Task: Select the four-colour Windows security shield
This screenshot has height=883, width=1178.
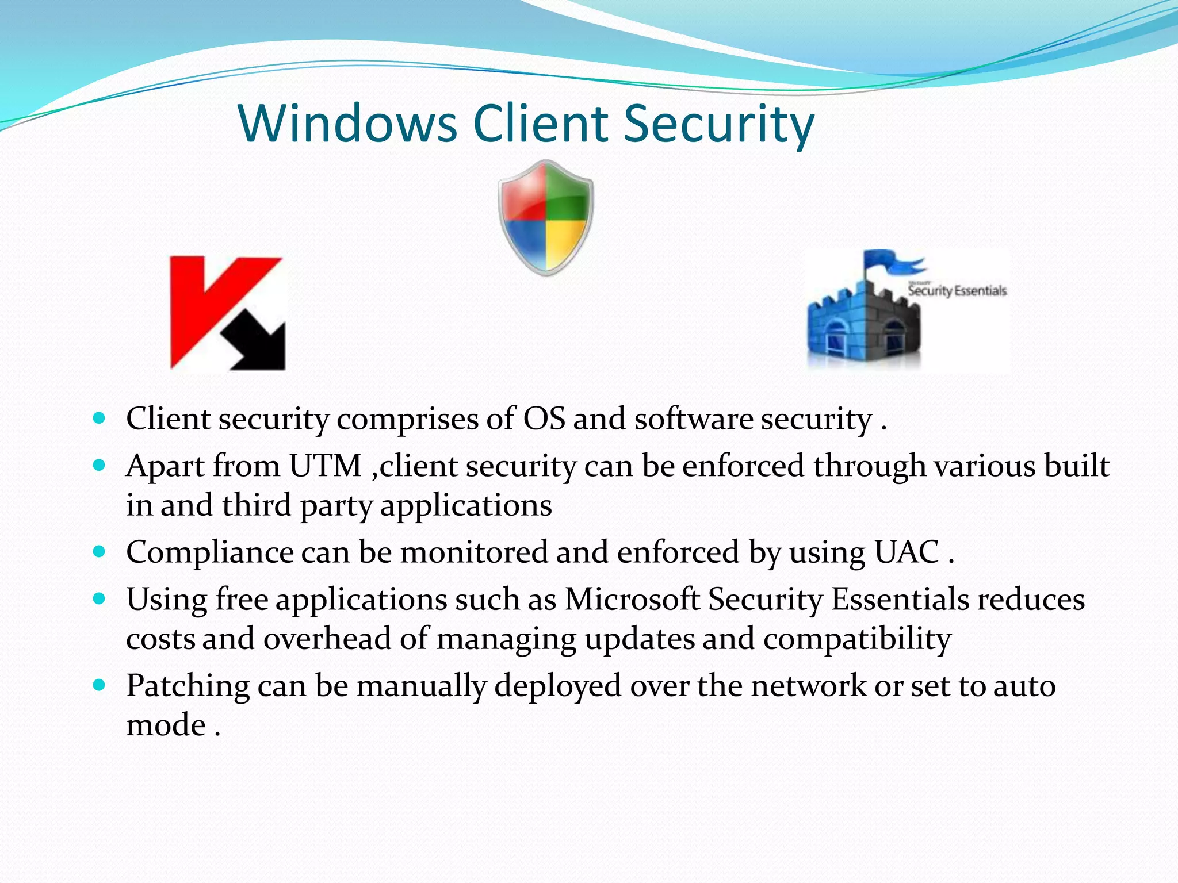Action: click(545, 217)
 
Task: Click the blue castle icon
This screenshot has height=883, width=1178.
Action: click(863, 328)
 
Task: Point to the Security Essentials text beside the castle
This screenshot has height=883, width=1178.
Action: click(957, 290)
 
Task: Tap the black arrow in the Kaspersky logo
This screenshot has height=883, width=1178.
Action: click(256, 345)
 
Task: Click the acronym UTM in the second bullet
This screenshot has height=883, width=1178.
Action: click(325, 465)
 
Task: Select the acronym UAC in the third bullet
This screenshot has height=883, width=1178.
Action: click(907, 552)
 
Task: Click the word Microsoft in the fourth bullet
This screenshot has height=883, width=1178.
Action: click(632, 599)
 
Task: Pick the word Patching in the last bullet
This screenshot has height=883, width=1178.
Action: click(188, 686)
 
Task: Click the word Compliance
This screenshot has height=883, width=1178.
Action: click(210, 552)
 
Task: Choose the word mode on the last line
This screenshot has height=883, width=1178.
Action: click(166, 725)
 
